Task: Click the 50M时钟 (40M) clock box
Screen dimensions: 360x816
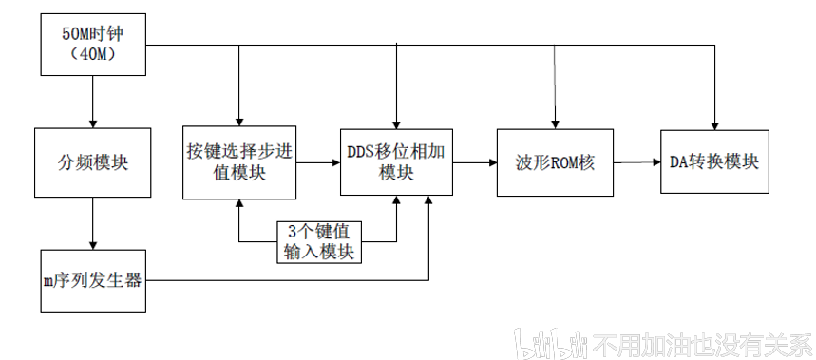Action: (93, 45)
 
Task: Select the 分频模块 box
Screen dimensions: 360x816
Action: (93, 162)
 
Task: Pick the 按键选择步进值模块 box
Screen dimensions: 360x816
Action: (238, 162)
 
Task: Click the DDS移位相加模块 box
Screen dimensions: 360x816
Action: (396, 162)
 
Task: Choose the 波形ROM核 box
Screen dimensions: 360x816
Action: (555, 162)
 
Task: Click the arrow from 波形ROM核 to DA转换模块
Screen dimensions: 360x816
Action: (636, 162)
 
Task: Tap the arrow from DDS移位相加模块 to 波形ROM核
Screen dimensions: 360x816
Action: (475, 162)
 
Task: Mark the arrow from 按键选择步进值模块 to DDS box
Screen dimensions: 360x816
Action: (317, 162)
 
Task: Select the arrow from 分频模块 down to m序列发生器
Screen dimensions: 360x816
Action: (93, 223)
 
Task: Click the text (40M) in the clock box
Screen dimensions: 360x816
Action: (93, 56)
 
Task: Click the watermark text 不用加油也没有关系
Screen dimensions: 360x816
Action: (702, 344)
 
